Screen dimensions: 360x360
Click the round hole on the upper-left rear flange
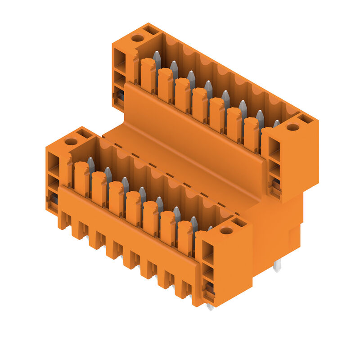pos(137,38)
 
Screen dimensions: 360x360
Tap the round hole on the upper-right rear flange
pos(292,127)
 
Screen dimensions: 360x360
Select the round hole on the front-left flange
pos(71,142)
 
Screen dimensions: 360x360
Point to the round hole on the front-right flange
pos(226,231)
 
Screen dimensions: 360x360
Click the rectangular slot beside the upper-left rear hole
pos(151,30)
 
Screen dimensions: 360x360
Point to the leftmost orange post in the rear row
pos(148,74)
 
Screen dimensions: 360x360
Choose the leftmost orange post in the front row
pos(81,178)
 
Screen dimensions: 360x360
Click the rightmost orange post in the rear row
pos(251,134)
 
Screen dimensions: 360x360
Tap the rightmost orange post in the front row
pos(184,238)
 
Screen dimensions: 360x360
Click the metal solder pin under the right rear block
pos(277,265)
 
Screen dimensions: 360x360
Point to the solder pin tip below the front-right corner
pos(210,307)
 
